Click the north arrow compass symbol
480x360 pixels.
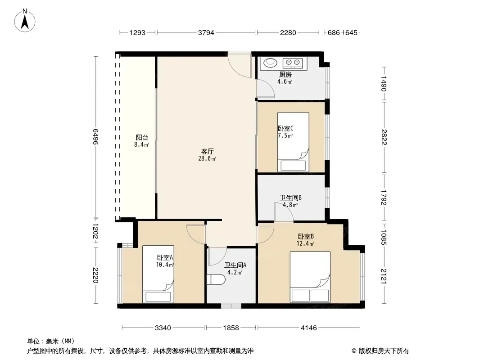[x=25, y=21]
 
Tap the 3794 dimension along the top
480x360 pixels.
[x=206, y=32]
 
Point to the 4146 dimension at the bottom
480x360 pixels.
[x=309, y=328]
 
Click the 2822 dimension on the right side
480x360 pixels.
[x=384, y=137]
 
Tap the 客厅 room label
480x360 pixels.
[x=207, y=151]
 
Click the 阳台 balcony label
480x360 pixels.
[x=142, y=138]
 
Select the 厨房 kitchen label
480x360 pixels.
[x=285, y=74]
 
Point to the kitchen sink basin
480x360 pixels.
[x=270, y=63]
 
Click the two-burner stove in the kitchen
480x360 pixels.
[x=293, y=63]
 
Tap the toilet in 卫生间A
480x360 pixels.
[x=216, y=279]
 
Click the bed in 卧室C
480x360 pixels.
[x=293, y=142]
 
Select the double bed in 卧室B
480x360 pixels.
[x=310, y=277]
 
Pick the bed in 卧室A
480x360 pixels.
[x=158, y=274]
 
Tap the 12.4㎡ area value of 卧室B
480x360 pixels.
[x=305, y=244]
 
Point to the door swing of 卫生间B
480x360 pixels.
[x=284, y=211]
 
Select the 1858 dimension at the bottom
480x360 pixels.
[x=231, y=328]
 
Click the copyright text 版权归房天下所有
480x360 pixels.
[x=384, y=351]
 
